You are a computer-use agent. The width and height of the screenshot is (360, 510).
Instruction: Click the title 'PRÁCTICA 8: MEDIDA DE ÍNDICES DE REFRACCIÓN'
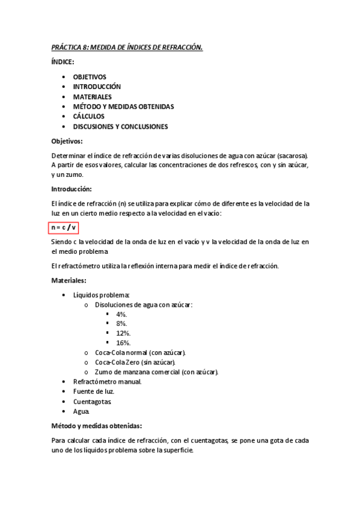(x=127, y=47)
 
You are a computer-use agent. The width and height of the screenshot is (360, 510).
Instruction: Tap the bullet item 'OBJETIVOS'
(x=90, y=77)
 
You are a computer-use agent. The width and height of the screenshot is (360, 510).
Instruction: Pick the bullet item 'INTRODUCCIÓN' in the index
(x=97, y=87)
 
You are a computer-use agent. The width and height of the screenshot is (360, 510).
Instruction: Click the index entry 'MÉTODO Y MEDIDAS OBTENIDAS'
(x=123, y=106)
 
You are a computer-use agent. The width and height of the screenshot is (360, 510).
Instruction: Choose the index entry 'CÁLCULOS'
(x=89, y=116)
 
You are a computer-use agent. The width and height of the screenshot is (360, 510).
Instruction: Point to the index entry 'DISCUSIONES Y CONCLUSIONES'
(x=120, y=126)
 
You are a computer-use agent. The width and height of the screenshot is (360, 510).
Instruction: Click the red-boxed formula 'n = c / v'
(x=64, y=227)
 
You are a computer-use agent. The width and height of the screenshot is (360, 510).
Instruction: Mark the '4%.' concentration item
(x=121, y=314)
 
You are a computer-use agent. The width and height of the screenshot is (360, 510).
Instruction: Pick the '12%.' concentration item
(x=123, y=333)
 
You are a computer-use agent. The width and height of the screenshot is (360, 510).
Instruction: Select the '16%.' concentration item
(x=123, y=343)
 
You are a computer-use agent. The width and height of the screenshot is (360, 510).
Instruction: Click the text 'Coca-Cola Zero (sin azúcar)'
(x=135, y=362)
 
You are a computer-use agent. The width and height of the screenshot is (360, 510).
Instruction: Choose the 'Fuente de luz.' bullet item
(x=93, y=392)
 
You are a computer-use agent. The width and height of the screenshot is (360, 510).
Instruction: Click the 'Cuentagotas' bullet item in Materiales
(x=92, y=402)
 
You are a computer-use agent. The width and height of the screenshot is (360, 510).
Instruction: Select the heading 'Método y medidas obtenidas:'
(x=97, y=426)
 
